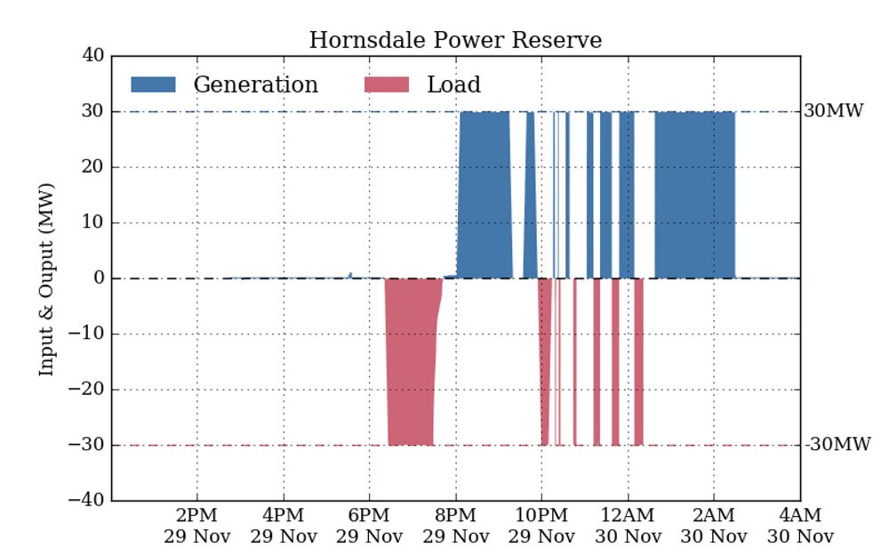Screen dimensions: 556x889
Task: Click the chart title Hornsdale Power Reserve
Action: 455,40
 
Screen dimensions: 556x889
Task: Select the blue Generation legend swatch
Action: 153,85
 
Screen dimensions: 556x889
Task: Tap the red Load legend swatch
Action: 387,85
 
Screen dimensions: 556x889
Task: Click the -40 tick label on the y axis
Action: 89,500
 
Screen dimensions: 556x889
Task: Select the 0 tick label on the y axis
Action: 98,278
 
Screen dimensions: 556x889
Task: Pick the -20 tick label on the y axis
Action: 89,390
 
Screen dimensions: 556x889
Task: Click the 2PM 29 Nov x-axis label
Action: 197,526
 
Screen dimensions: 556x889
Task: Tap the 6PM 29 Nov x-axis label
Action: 370,526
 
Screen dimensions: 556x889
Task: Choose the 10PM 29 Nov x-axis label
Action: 542,526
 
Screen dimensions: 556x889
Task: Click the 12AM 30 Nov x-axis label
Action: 628,526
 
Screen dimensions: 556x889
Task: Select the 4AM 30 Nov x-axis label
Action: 801,526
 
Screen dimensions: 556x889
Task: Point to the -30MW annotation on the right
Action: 837,445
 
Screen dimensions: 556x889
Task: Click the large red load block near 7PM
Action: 411,360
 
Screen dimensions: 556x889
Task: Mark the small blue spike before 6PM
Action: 350,275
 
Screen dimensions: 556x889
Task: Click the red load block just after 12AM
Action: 638,360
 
